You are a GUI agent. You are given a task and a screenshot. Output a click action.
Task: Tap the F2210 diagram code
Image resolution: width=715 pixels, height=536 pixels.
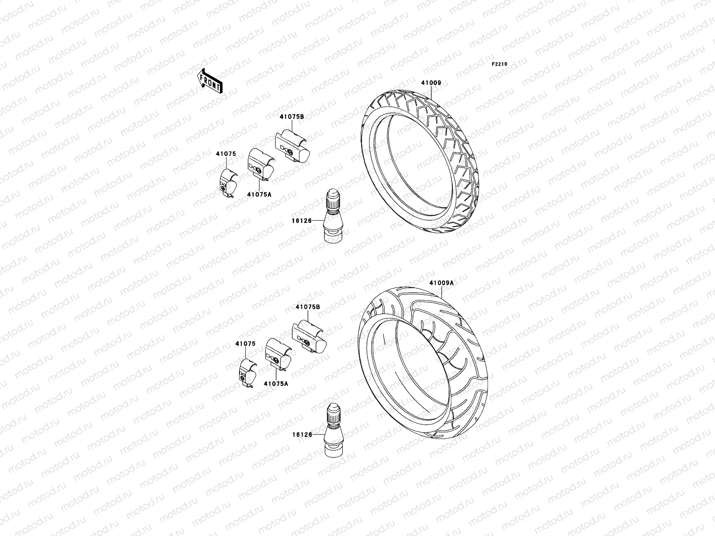click(500, 64)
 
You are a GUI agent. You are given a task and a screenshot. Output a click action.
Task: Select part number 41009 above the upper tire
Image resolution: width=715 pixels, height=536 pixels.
click(430, 83)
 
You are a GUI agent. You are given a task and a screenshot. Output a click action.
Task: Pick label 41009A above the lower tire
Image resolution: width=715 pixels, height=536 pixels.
click(441, 283)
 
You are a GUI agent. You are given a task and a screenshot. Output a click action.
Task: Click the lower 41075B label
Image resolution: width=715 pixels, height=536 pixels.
click(307, 307)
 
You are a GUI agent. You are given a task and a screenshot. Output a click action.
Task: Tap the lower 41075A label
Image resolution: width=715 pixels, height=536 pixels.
click(276, 383)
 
